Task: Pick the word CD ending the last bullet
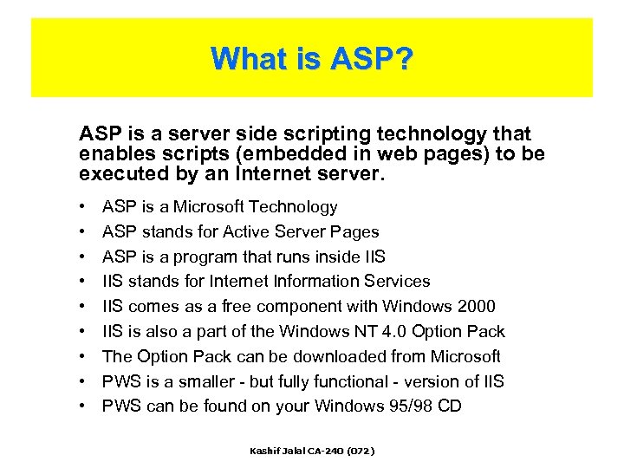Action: (x=450, y=406)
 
